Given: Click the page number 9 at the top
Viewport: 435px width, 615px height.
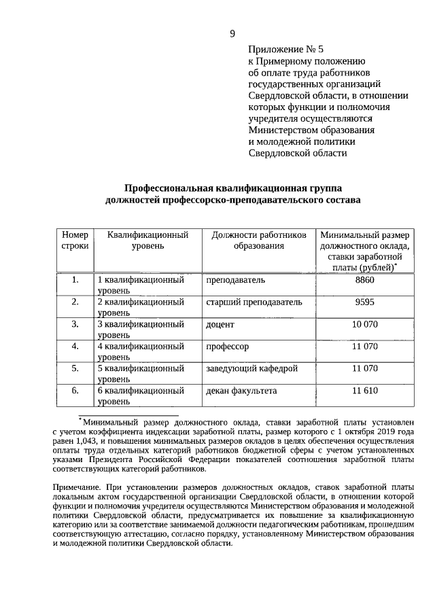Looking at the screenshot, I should point(232,34).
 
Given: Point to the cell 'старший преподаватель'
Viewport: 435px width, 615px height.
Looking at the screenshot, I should point(254,302).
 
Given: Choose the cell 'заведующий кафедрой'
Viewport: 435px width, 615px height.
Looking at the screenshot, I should point(251,368).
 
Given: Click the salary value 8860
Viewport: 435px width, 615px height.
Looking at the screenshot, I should point(365,280).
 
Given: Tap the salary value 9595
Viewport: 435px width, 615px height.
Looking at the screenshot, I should point(365,302).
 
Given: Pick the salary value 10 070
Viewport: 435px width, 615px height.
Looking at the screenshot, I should point(365,324).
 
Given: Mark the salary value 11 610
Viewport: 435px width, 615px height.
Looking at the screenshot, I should point(365,391).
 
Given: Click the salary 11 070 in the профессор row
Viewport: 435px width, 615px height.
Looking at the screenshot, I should point(365,347).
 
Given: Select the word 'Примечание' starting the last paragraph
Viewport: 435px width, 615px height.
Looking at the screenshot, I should point(77,487).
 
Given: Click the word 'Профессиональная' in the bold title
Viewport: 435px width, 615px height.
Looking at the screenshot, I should point(168,188).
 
